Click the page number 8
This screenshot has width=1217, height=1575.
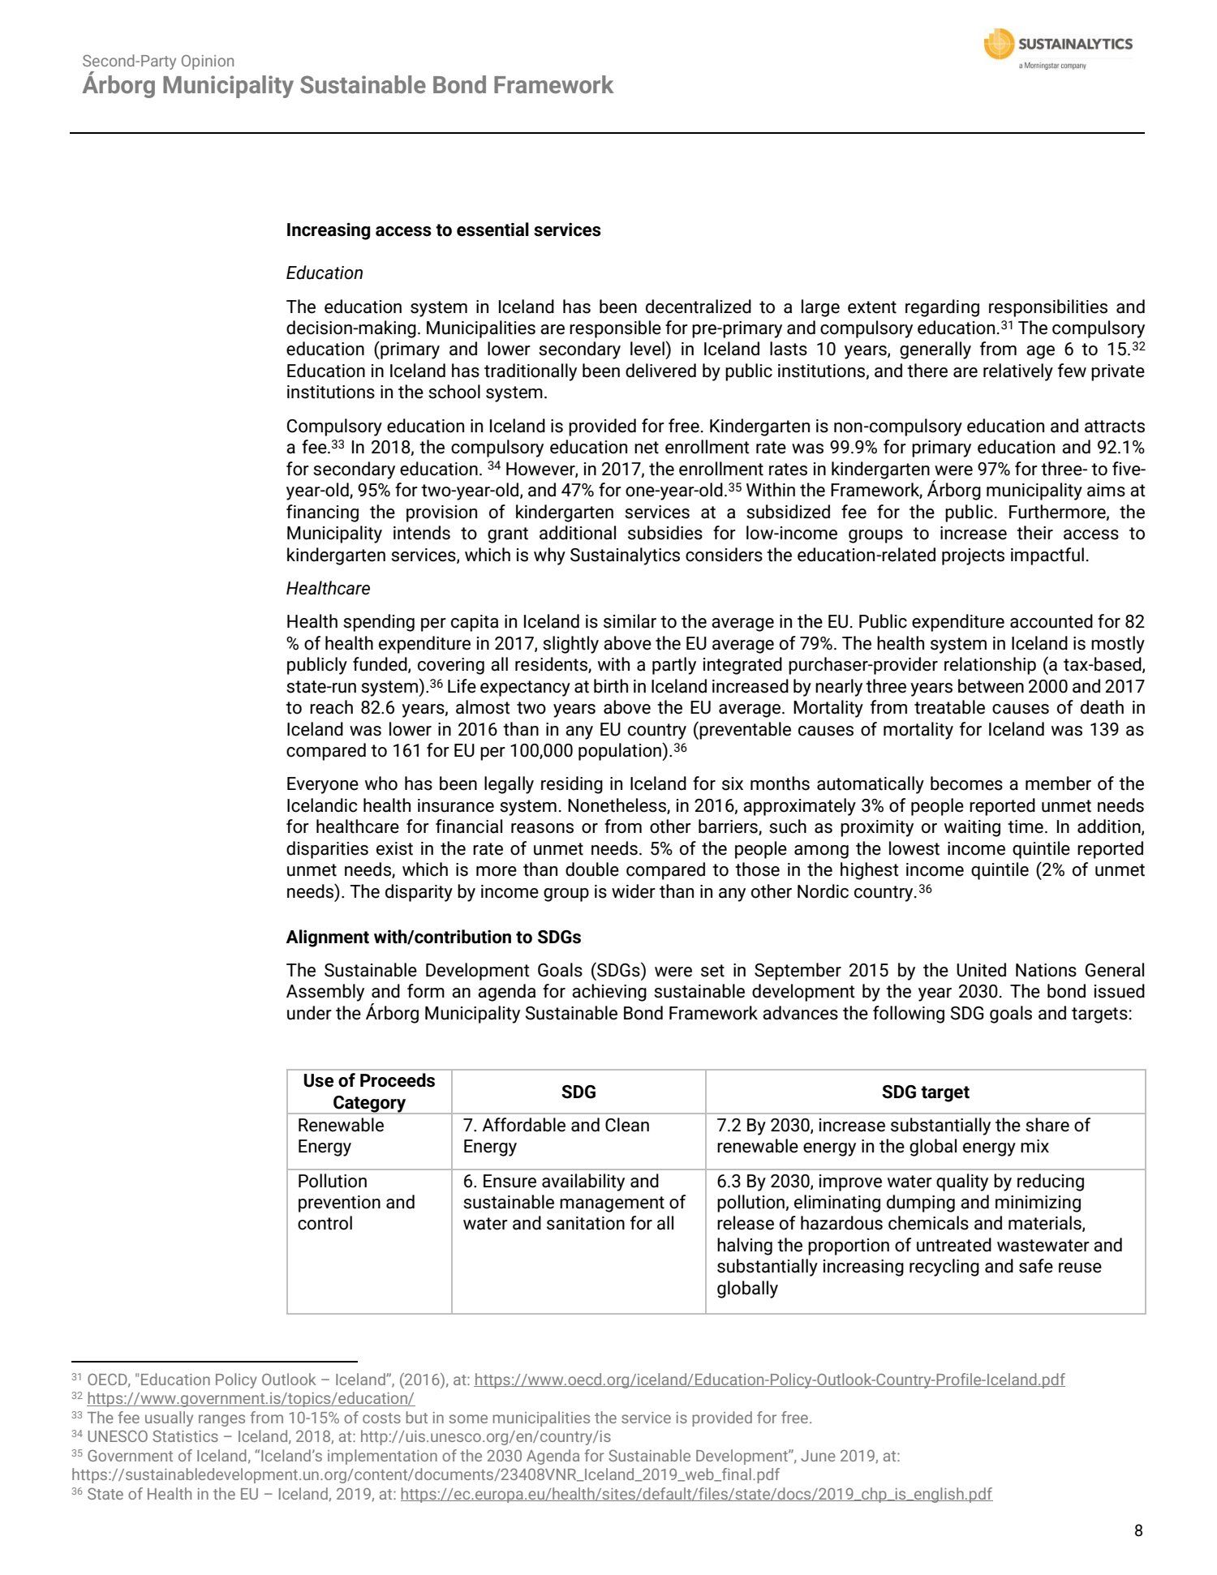click(1138, 1530)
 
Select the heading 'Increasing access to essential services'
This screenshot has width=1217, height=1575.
click(443, 230)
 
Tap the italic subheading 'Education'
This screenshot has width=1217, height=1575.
click(325, 273)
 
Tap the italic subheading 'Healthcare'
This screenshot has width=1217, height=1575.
click(328, 589)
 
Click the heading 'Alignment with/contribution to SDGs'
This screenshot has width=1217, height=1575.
click(433, 938)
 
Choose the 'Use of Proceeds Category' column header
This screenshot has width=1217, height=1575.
click(369, 1092)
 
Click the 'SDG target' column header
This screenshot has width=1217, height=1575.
click(925, 1092)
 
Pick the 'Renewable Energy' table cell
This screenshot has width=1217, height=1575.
click(341, 1136)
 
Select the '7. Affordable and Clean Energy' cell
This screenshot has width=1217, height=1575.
click(557, 1136)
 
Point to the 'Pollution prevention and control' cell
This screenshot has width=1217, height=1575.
click(356, 1203)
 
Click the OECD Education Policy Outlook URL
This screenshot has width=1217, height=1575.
click(769, 1380)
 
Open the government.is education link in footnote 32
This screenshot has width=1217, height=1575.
click(251, 1399)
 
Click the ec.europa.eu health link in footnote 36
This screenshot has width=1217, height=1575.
click(696, 1494)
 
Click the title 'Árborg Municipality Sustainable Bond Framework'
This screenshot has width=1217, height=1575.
click(347, 86)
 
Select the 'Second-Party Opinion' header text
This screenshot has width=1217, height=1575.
click(158, 61)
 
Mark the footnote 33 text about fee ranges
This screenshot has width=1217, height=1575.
click(449, 1418)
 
